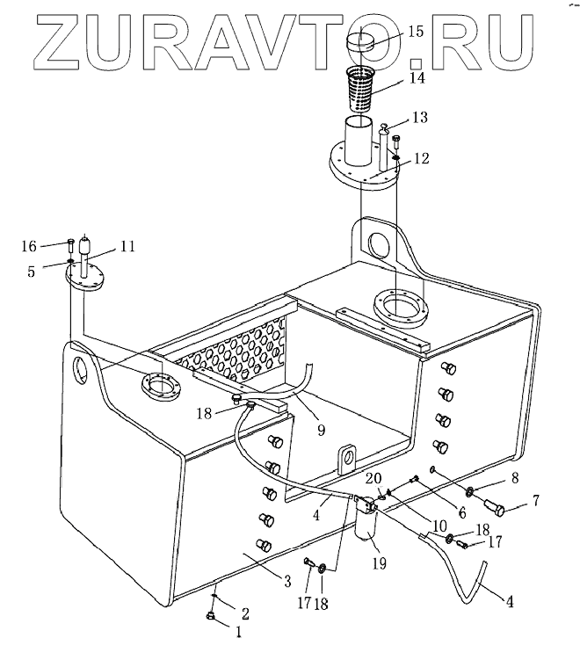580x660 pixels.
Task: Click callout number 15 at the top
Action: tap(415, 32)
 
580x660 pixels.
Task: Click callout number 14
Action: tap(415, 78)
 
